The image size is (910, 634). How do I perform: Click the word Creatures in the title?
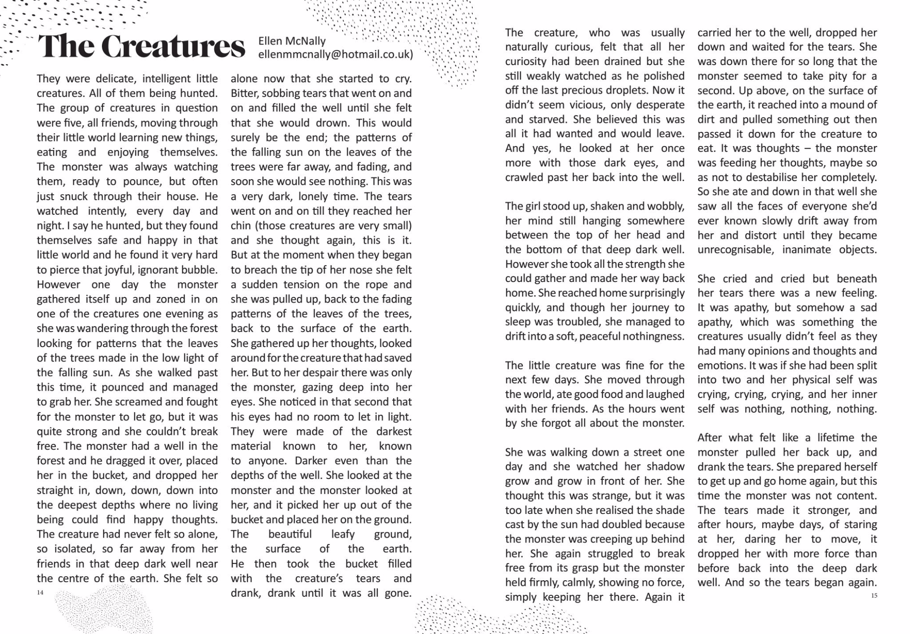click(x=173, y=46)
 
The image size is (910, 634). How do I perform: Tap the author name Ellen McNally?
click(x=292, y=41)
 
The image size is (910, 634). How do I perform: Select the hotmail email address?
click(x=335, y=54)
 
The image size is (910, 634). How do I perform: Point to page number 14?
click(x=40, y=592)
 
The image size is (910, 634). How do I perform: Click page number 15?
click(x=874, y=595)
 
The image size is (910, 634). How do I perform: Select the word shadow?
click(x=664, y=467)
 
